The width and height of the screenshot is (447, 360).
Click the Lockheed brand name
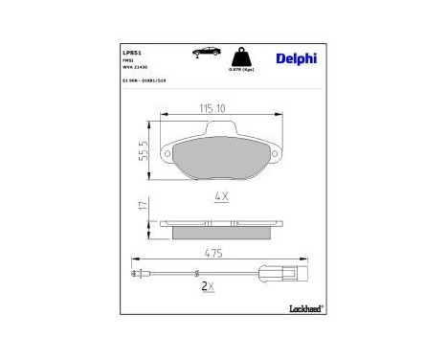pyautogui.click(x=306, y=309)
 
